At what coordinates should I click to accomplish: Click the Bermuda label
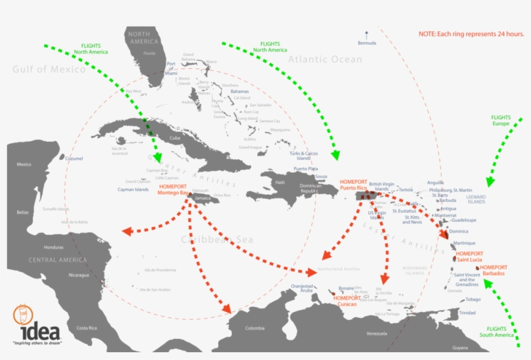[367, 43]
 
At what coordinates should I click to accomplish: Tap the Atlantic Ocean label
[326, 60]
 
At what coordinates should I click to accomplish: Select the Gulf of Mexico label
[49, 69]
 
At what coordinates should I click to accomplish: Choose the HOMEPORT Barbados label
[494, 270]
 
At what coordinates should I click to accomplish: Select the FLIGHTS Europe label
[501, 120]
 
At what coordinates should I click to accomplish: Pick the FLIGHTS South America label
[497, 332]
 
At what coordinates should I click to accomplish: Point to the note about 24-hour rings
[471, 34]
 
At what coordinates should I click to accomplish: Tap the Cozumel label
[75, 159]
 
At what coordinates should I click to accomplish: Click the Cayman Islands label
[133, 190]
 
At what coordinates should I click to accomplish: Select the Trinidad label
[467, 313]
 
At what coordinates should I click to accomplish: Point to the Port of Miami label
[172, 69]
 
